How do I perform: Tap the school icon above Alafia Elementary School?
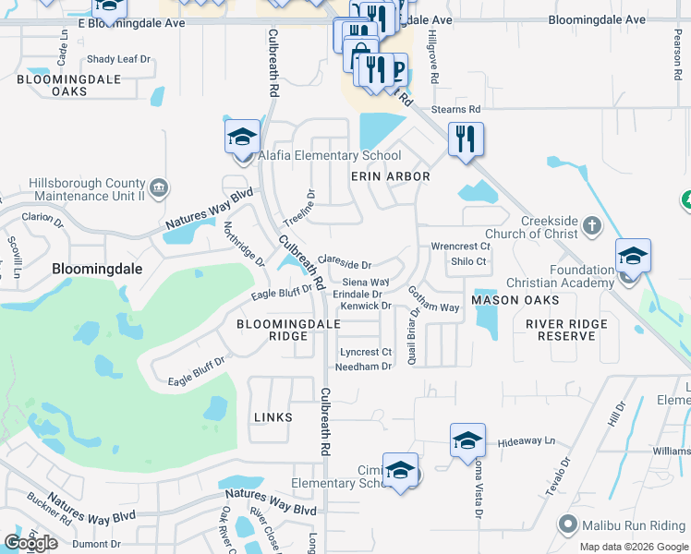point(242,138)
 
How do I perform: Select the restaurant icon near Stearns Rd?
point(466,139)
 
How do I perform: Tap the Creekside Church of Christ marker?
point(592,225)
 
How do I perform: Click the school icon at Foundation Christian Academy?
point(633,256)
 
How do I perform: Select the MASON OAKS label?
point(515,301)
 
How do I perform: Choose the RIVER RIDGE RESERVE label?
point(567,330)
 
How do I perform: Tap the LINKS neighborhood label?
point(273,417)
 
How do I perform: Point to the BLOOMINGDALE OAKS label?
point(56,86)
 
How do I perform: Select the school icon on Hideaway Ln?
point(467,441)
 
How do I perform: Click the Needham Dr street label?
point(364,367)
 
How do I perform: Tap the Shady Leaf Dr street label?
point(118,59)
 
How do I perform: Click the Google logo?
point(31,543)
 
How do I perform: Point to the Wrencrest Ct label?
point(460,247)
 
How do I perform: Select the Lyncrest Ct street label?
point(366,352)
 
